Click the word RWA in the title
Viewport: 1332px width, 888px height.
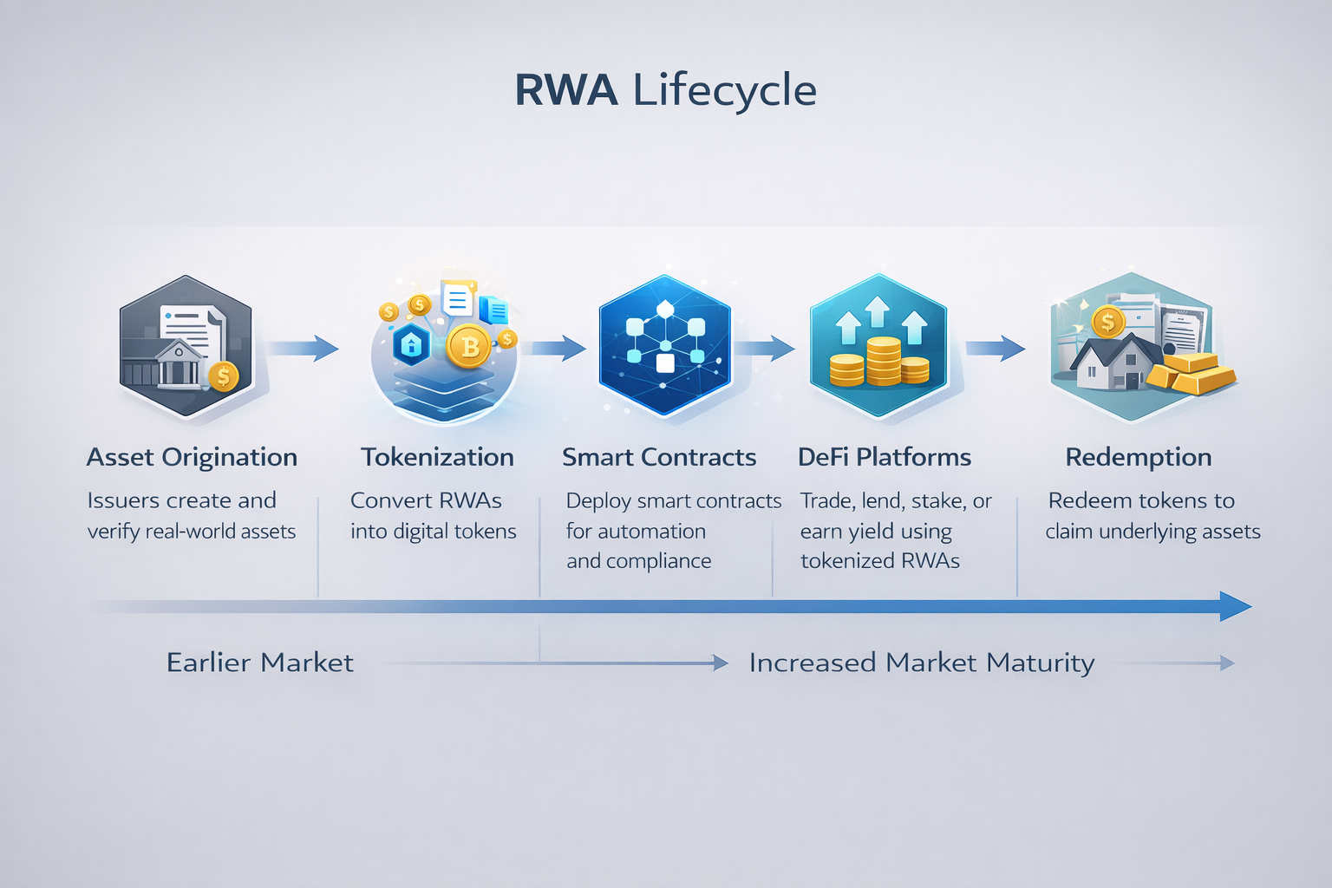tap(565, 90)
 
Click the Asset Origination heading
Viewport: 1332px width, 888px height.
tap(192, 457)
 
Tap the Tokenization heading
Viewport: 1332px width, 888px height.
tap(437, 457)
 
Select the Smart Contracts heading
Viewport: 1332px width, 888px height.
tap(659, 457)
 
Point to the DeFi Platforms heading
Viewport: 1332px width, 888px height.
tap(884, 457)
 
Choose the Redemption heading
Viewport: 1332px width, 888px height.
tap(1138, 457)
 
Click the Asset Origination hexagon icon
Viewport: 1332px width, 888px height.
tap(185, 347)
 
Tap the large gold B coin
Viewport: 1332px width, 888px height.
tap(469, 346)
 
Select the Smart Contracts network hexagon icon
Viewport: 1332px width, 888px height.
tap(664, 345)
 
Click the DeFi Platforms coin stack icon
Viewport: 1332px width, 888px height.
tap(878, 360)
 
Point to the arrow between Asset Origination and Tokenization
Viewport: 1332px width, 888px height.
tap(303, 348)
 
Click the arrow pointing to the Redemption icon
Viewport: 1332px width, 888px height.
tap(995, 348)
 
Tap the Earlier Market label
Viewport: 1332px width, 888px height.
tap(259, 663)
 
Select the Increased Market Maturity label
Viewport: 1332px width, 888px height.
tap(921, 663)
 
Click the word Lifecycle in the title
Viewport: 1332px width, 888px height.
tap(724, 90)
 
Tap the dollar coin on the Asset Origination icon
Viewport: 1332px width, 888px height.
tap(223, 375)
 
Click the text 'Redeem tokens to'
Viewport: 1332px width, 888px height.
tap(1141, 500)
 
